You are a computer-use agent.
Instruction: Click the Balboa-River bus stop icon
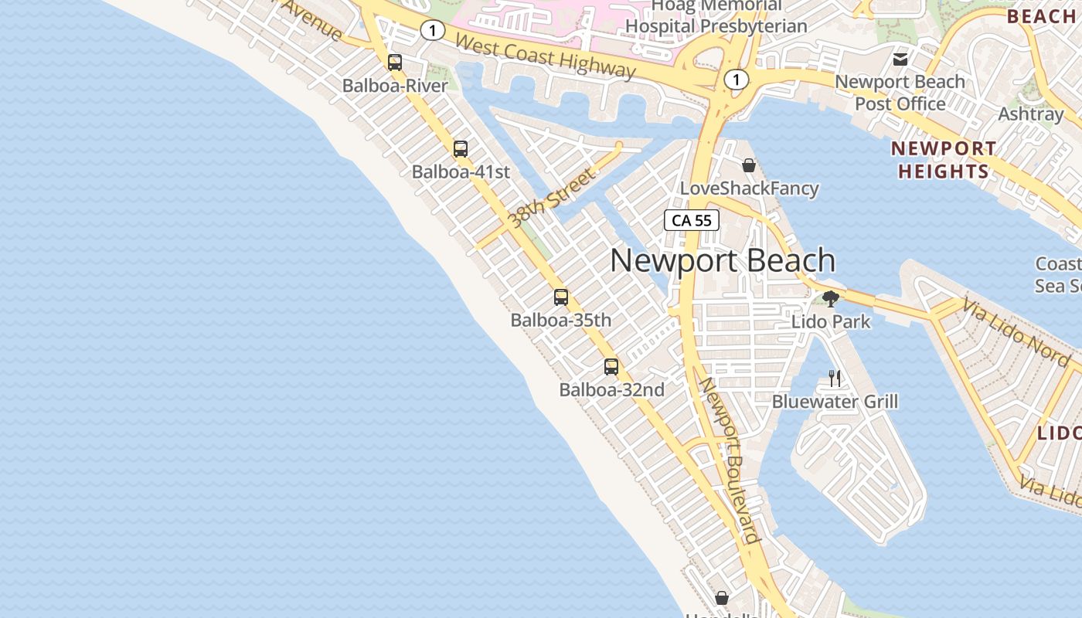395,63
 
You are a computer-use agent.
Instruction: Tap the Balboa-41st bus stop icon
461,149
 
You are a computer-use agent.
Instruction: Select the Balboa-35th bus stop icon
561,297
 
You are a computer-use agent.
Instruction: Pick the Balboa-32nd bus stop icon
611,367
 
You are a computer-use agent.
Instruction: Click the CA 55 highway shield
692,221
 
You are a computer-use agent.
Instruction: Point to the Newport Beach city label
723,261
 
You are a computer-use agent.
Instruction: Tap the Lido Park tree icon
831,299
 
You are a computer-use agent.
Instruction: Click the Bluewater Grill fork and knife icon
835,379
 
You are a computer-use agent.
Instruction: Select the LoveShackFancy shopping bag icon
748,165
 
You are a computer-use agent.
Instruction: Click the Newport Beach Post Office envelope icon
900,59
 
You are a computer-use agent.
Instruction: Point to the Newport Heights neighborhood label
943,160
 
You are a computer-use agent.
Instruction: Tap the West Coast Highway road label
545,56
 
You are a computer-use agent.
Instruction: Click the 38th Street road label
553,199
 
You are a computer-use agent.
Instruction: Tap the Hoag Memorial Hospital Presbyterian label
716,16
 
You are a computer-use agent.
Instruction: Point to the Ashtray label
1031,114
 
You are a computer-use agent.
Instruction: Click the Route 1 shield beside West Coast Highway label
433,30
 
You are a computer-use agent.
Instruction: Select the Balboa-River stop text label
395,86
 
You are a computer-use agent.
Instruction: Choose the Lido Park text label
831,321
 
